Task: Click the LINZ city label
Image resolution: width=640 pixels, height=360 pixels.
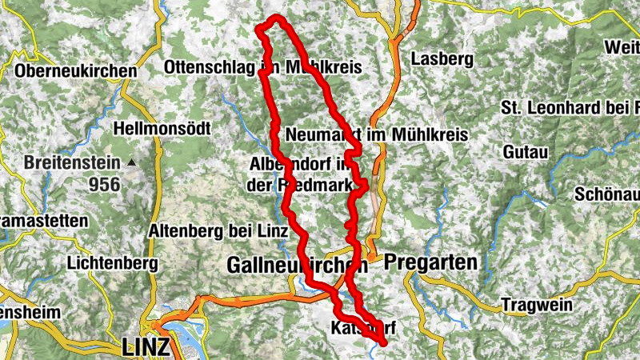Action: pyautogui.click(x=146, y=347)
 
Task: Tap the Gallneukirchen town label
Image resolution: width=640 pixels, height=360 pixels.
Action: pyautogui.click(x=297, y=263)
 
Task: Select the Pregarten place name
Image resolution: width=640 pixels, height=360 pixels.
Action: pyautogui.click(x=430, y=262)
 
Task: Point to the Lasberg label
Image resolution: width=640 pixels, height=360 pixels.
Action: pyautogui.click(x=442, y=58)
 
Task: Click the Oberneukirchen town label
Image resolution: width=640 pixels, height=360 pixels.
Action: pyautogui.click(x=76, y=71)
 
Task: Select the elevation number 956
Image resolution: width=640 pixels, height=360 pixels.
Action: pyautogui.click(x=104, y=185)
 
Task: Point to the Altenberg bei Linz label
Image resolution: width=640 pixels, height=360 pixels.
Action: pyautogui.click(x=218, y=232)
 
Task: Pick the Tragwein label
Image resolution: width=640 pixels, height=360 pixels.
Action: pyautogui.click(x=534, y=305)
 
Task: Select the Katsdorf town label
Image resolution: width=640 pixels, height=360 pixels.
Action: pyautogui.click(x=363, y=328)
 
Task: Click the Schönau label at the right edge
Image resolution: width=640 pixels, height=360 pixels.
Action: pyautogui.click(x=607, y=194)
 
